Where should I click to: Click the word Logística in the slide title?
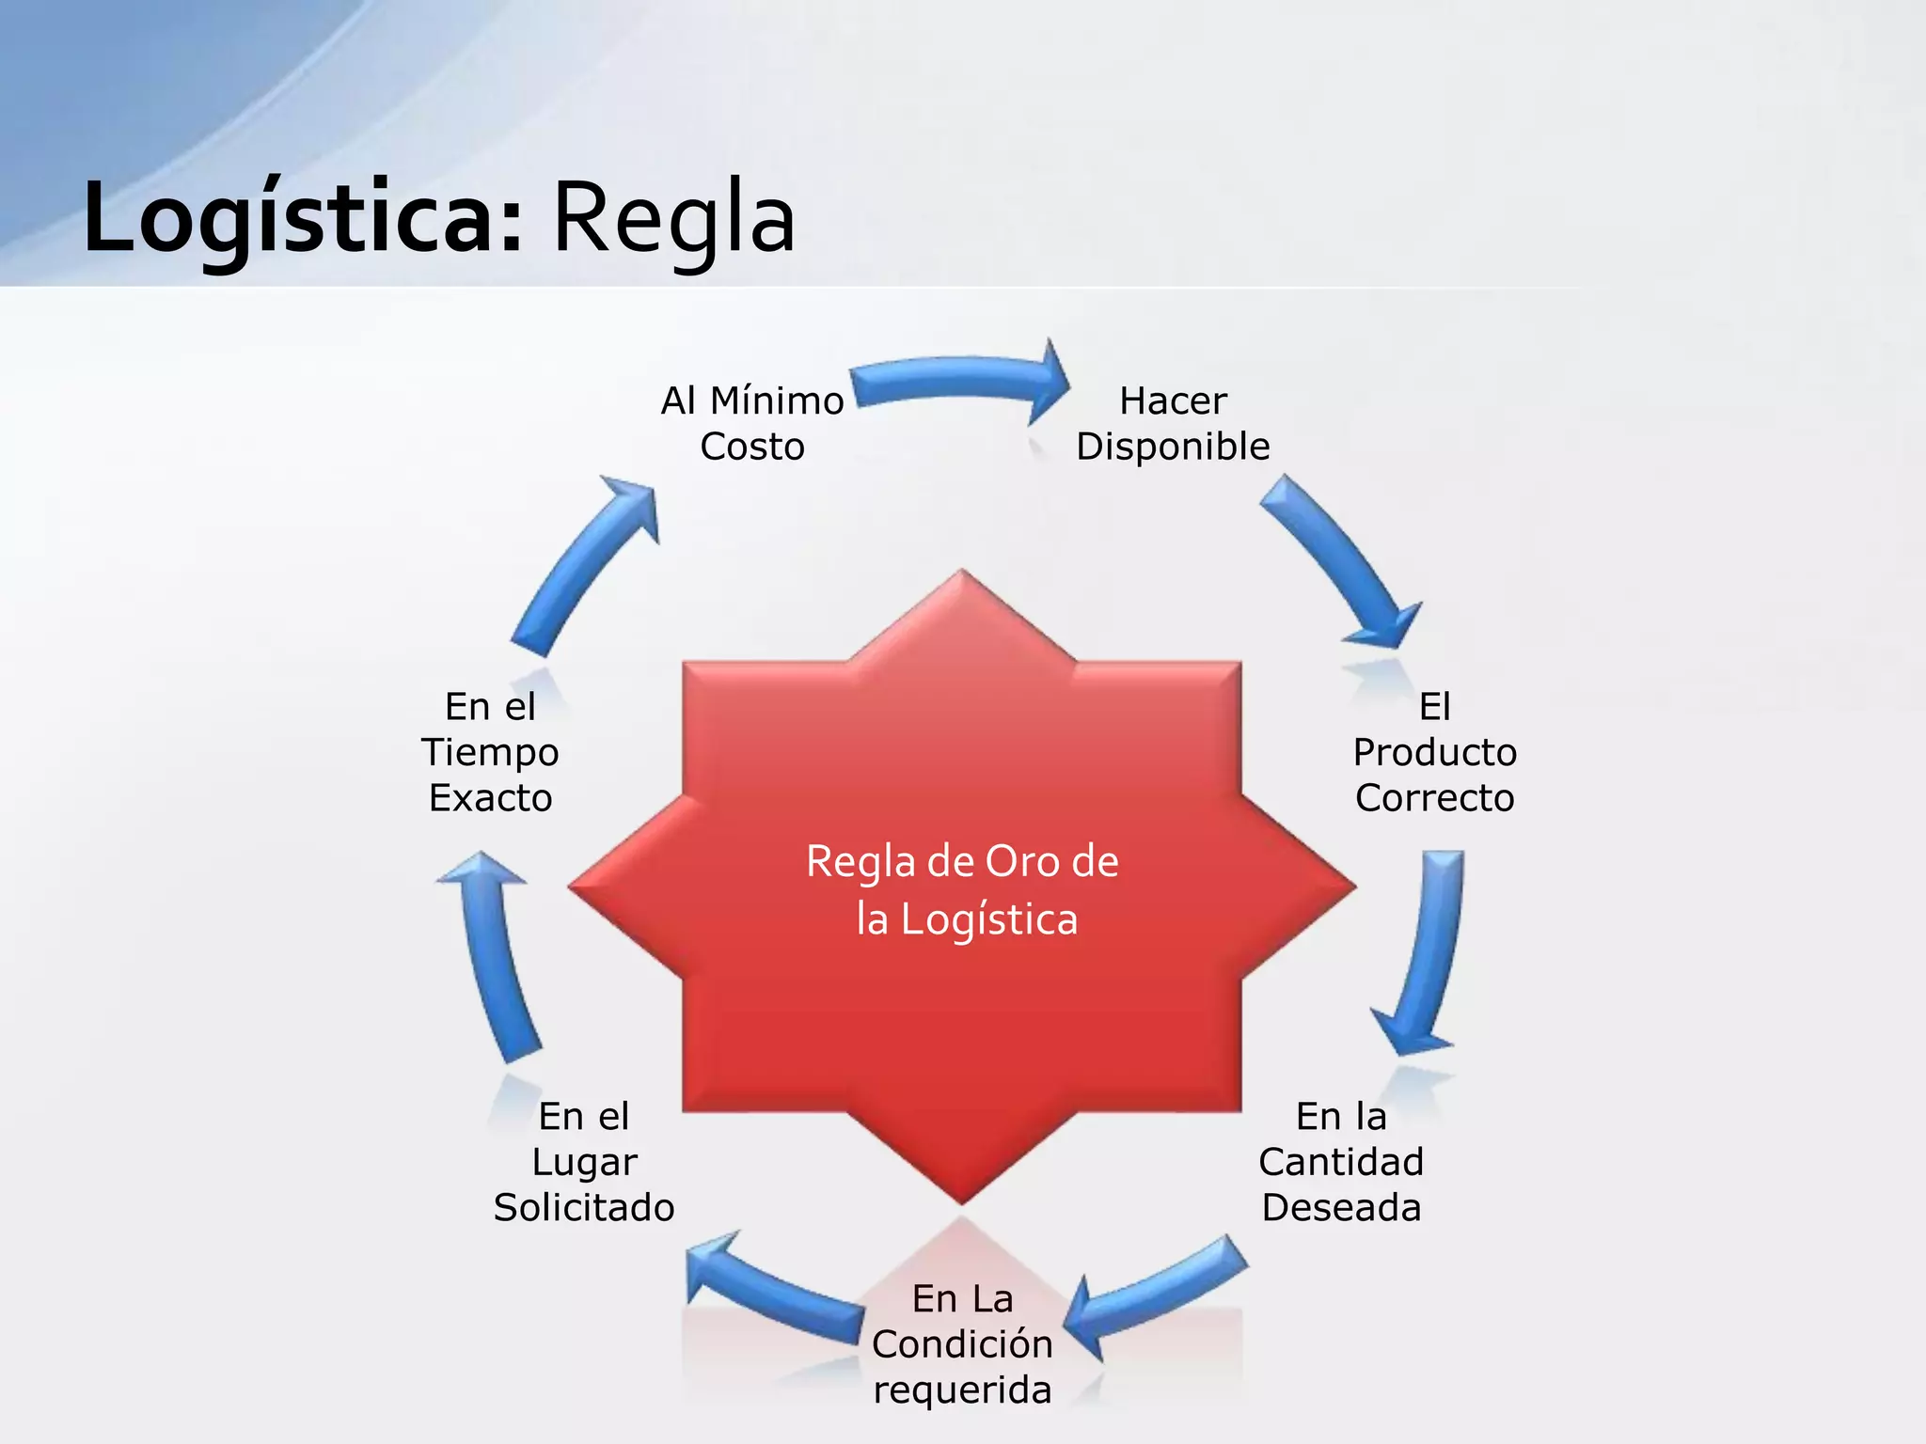pos(301,218)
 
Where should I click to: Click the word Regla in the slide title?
pos(673,218)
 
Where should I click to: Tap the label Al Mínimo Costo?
pos(752,423)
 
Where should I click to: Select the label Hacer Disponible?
pos(1173,423)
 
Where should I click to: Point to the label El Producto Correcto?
pos(1434,751)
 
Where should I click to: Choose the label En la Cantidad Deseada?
pos(1341,1161)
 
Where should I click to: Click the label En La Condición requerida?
pos(962,1343)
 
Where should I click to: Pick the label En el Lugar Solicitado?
pos(584,1161)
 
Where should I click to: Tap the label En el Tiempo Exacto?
pos(490,751)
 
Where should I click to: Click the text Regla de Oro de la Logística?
pos(962,889)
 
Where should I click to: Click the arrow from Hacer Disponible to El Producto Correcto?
pos(1340,559)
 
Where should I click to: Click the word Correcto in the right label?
pos(1434,797)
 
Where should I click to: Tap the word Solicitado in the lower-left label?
pos(584,1207)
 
